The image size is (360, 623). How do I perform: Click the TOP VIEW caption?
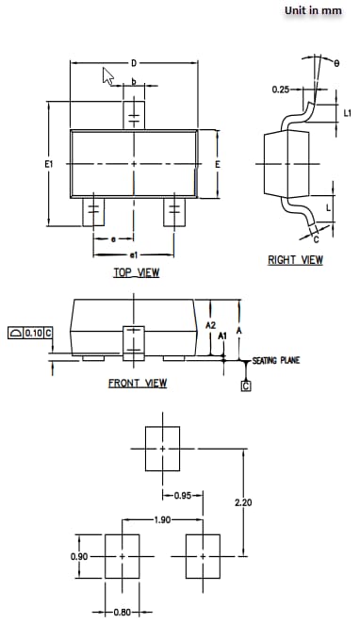point(137,273)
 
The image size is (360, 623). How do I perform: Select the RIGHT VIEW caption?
point(295,260)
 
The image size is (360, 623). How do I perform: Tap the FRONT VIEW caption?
point(137,383)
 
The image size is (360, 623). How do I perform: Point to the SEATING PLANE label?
point(276,361)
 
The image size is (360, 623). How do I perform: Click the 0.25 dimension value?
point(280,90)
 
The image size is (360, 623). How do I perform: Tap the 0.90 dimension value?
point(81,557)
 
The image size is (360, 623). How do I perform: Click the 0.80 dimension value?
point(123,613)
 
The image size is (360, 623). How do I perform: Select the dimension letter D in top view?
point(134,63)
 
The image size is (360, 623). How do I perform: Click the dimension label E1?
point(48,164)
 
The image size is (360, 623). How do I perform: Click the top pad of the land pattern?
point(162,448)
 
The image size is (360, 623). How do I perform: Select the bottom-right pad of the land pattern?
point(203,556)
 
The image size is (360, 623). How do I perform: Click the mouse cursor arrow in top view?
point(108,77)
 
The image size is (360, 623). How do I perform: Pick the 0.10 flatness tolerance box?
point(30,333)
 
